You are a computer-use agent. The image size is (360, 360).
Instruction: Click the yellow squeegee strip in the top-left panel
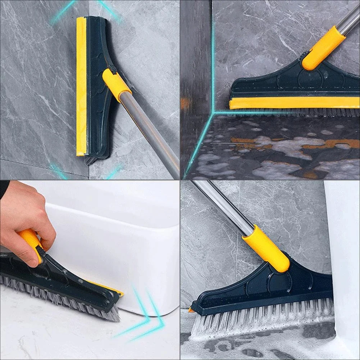click(81, 86)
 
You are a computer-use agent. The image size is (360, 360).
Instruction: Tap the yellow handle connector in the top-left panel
click(117, 85)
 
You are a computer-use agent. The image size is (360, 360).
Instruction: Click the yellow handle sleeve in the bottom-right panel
click(266, 248)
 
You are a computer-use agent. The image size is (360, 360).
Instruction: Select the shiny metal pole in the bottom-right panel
click(223, 205)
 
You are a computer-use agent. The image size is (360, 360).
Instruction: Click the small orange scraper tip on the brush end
click(191, 310)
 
